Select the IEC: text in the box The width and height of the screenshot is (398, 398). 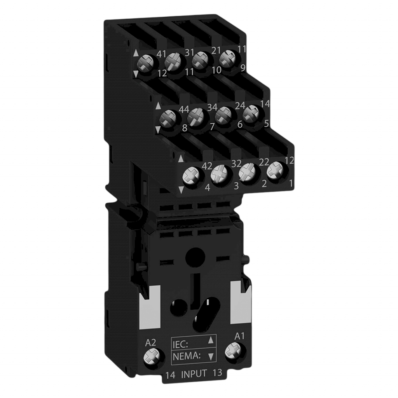180,343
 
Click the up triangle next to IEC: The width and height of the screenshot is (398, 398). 211,341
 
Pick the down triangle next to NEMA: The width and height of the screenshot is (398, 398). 211,355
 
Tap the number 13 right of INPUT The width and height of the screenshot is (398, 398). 217,373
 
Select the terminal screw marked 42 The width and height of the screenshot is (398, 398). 192,177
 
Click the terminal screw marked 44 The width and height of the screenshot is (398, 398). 169,117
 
